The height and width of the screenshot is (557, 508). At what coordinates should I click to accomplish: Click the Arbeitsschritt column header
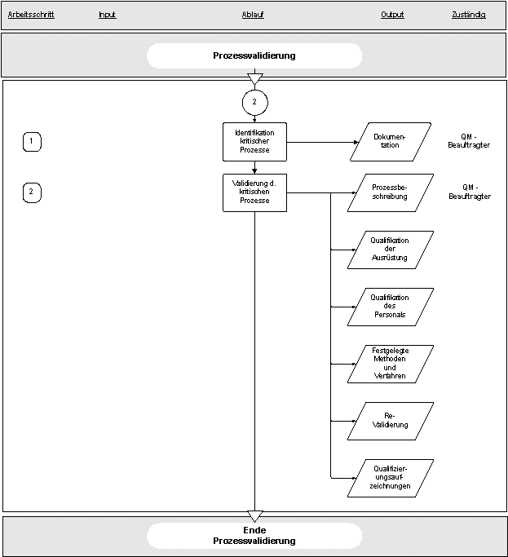(31, 15)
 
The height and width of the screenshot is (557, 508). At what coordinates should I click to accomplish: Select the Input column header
(108, 15)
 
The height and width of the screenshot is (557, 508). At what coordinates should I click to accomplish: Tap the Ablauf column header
(253, 15)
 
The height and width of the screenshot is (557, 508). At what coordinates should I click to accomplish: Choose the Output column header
(392, 15)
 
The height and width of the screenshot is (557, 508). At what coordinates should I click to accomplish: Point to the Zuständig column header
(469, 15)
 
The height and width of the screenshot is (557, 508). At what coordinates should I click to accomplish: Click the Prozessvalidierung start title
(254, 55)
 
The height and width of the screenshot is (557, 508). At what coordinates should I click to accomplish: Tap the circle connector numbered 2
(254, 102)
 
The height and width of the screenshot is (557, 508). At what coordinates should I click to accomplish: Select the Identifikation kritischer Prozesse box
(254, 142)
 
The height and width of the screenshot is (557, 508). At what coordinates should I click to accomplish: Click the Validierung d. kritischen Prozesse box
(254, 192)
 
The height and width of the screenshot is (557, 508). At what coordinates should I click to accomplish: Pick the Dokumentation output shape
(390, 142)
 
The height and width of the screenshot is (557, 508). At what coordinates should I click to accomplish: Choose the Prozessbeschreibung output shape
(390, 192)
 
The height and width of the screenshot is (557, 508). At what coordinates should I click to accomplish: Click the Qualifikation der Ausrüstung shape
(390, 250)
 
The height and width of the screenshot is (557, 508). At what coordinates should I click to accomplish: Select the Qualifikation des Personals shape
(390, 307)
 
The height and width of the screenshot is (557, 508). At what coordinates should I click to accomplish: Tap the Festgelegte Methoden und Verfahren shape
(390, 364)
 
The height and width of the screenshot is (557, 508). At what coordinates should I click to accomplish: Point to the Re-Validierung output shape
(390, 421)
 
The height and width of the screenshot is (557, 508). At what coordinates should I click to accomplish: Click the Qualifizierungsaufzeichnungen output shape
(390, 478)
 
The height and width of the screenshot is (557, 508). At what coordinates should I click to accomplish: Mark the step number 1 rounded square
(32, 142)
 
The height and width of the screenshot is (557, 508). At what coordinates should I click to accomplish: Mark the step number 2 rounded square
(32, 192)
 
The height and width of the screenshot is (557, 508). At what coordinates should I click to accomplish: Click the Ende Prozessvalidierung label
(254, 535)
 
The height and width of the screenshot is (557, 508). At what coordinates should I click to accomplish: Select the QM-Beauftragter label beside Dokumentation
(469, 141)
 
